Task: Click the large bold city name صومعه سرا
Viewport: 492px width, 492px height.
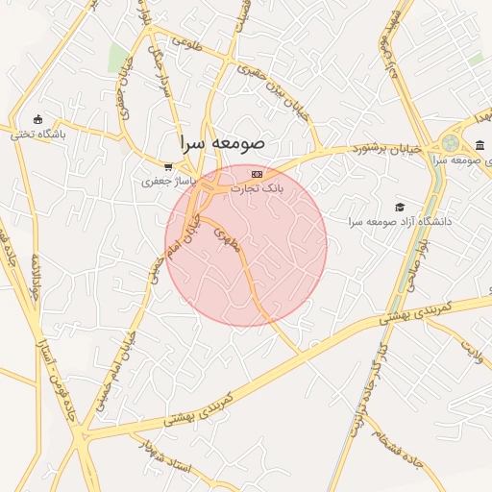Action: pos(222,142)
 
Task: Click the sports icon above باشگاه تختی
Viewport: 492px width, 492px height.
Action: pos(37,119)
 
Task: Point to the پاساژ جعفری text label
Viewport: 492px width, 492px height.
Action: pos(169,181)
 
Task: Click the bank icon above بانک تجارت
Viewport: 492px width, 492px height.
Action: pos(257,174)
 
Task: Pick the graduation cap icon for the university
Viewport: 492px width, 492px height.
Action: pos(400,206)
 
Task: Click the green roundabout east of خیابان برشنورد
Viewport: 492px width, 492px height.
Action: pos(451,143)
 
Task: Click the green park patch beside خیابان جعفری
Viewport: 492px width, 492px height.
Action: pos(118,58)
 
